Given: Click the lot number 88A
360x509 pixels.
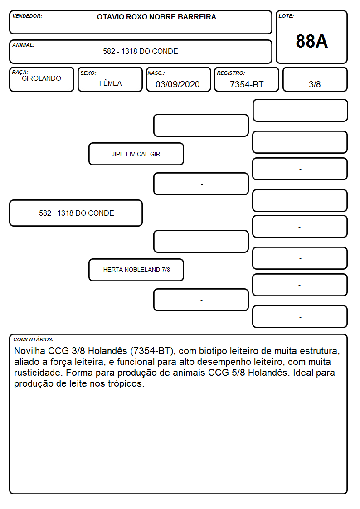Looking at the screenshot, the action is point(311,41).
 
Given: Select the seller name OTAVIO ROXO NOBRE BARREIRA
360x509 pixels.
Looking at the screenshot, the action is point(156,17).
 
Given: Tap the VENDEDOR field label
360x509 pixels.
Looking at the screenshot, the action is point(27,16).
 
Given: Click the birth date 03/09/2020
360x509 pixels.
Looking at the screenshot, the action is point(178,84).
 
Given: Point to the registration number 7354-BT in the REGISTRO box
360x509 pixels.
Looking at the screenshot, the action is point(247,84).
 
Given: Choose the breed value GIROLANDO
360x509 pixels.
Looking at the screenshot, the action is point(42,78).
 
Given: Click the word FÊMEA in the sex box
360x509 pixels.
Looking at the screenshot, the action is point(110,83).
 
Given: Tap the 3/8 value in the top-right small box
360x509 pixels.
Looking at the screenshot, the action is point(315,84).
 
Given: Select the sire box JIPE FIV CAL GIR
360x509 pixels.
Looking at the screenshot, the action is point(136,154).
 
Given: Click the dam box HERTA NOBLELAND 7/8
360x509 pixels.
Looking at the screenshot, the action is point(136,270).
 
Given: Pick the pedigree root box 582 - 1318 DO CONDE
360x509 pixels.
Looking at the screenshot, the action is point(76,213).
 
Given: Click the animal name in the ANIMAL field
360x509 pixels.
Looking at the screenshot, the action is point(141,51).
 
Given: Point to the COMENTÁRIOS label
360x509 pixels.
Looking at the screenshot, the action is point(34,339).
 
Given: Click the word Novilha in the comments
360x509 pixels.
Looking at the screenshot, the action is point(29,351).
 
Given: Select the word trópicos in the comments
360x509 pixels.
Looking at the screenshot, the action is point(126,384).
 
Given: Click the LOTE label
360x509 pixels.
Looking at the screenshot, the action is point(286,16).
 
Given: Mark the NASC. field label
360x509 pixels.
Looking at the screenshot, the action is point(156,73).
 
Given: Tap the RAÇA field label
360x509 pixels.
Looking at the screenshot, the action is point(20,72).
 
